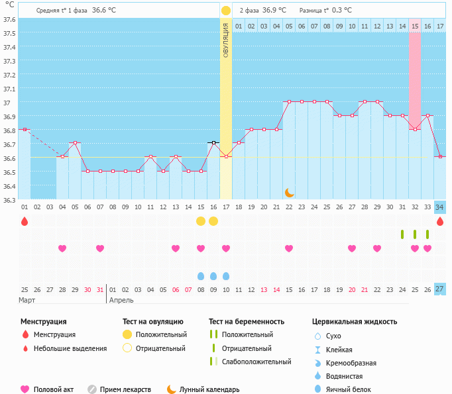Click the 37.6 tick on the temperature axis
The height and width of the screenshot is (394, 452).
click(x=9, y=19)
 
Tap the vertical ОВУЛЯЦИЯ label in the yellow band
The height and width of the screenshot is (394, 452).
click(x=225, y=40)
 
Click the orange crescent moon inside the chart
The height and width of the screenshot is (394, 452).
click(x=290, y=192)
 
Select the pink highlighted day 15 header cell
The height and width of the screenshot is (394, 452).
click(x=415, y=26)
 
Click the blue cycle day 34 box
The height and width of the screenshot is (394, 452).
click(x=439, y=207)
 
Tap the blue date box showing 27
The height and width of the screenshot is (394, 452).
click(x=439, y=289)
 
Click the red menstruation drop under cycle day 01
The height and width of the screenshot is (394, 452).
click(x=25, y=221)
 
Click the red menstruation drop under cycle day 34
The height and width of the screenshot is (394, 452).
click(x=439, y=221)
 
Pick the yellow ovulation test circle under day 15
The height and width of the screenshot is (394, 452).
click(x=201, y=221)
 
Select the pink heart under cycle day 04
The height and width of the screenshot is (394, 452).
click(x=62, y=248)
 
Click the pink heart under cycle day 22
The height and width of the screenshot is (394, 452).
click(x=289, y=248)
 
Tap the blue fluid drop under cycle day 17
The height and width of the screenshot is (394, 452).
click(x=226, y=275)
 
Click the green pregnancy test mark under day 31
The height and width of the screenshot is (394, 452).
click(x=402, y=234)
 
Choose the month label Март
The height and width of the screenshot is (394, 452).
click(x=27, y=300)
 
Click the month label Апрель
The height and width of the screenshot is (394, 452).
click(x=121, y=300)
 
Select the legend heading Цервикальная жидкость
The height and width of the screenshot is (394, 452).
click(x=355, y=322)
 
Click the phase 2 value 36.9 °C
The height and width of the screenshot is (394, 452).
click(x=274, y=10)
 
